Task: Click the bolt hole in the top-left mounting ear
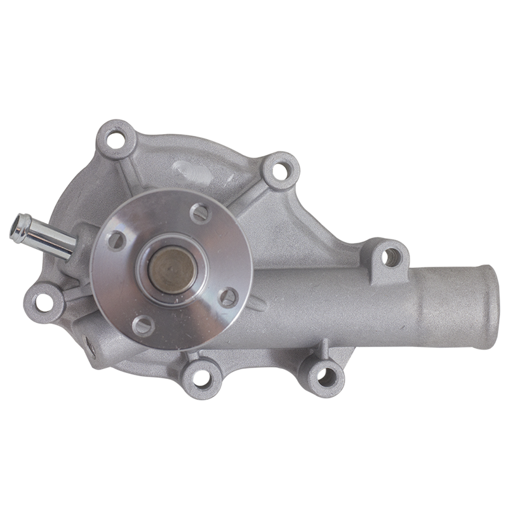(x=116, y=136)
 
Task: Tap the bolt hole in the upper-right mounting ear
(x=281, y=168)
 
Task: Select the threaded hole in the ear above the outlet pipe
(x=388, y=257)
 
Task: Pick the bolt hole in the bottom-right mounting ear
(x=324, y=375)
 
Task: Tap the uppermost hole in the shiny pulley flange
(x=199, y=213)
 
